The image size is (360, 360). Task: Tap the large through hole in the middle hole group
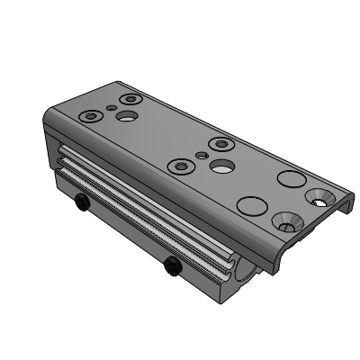pos(218,166)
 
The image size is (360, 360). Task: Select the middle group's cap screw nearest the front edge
pos(183,166)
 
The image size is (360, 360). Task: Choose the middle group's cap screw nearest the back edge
pos(221,142)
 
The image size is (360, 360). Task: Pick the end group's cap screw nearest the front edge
pos(92,116)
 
